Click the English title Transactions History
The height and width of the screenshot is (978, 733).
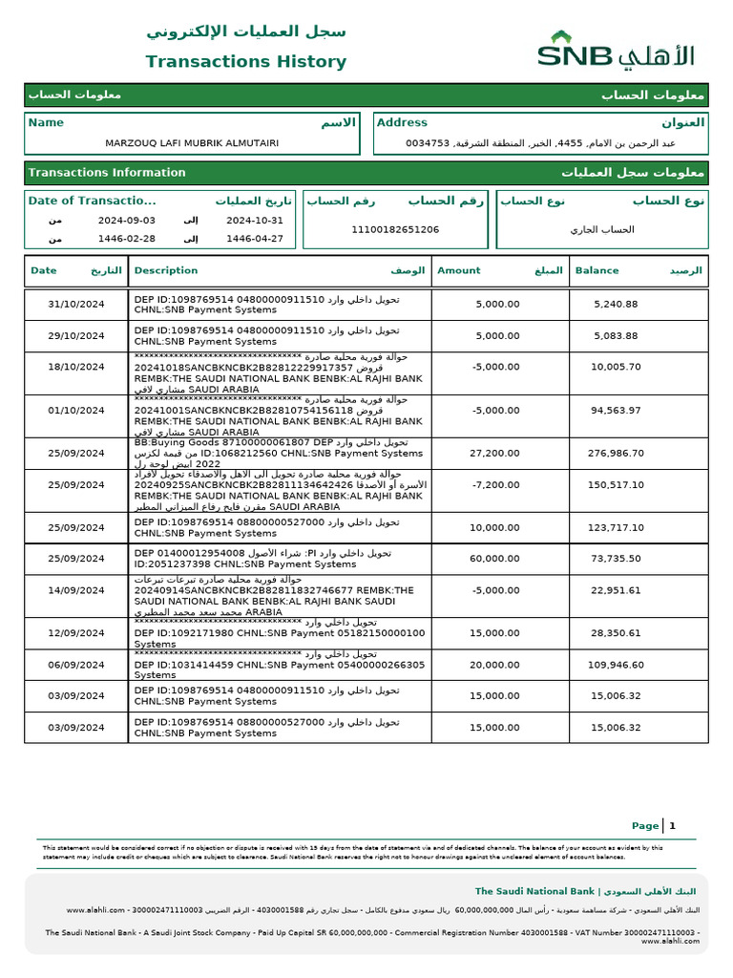click(245, 62)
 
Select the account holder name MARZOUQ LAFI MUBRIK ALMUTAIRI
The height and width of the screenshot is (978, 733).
click(192, 143)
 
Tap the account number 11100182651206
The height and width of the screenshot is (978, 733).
click(395, 229)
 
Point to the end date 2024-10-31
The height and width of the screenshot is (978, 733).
click(255, 220)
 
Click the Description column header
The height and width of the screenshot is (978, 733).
click(166, 270)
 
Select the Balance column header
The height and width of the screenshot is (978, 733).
click(597, 270)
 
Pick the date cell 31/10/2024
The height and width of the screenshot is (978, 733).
click(76, 305)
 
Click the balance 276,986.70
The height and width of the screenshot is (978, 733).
click(616, 454)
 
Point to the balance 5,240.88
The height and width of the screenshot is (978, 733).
click(616, 305)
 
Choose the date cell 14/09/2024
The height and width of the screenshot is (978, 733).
click(76, 590)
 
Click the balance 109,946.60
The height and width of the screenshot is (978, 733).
click(616, 665)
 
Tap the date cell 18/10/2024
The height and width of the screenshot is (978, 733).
click(76, 367)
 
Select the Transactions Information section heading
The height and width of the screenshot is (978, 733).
click(107, 173)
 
